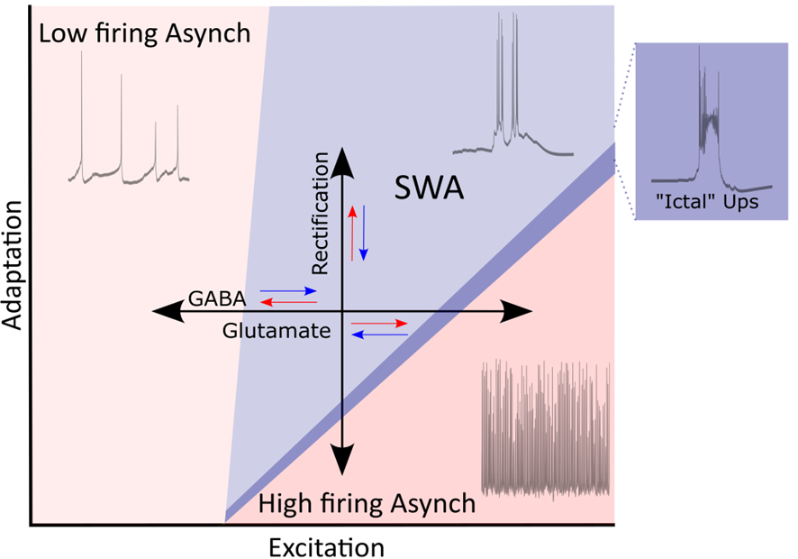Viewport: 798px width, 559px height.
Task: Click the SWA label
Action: [x=430, y=189]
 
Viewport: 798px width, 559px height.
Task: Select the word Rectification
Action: [x=320, y=213]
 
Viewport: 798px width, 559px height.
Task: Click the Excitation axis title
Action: [x=325, y=546]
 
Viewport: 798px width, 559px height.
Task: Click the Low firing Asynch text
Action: [x=144, y=34]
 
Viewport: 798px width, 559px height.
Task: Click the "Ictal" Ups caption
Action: [x=699, y=203]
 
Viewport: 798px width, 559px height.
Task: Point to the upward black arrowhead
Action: [x=342, y=160]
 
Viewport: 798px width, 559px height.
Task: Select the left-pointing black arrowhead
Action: [x=164, y=311]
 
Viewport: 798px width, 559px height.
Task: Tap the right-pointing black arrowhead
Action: [x=519, y=311]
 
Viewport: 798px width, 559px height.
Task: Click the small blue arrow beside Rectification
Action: [x=363, y=231]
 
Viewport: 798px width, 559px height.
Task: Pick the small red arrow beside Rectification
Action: [x=352, y=231]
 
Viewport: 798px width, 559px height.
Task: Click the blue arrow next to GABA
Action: [x=288, y=292]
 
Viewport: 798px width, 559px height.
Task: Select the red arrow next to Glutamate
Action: [x=379, y=322]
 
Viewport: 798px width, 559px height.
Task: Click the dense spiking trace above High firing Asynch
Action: [x=548, y=428]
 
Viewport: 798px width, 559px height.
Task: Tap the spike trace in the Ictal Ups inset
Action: [x=701, y=126]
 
